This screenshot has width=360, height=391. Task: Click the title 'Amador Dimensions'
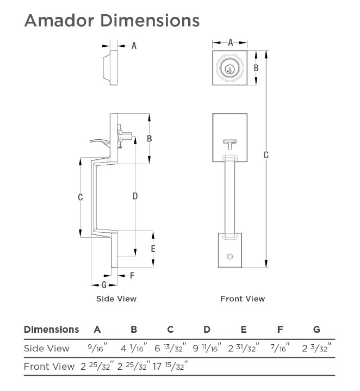click(x=111, y=20)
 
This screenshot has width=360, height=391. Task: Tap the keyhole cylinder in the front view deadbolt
click(x=229, y=69)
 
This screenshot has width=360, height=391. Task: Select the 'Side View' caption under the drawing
click(x=116, y=299)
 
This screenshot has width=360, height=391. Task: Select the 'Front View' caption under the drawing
click(x=243, y=299)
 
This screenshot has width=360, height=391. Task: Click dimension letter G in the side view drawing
click(x=104, y=285)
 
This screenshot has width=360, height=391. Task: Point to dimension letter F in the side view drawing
click(x=132, y=275)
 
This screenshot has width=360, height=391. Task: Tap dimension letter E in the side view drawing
click(x=153, y=249)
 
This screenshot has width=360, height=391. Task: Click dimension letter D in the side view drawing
click(x=135, y=195)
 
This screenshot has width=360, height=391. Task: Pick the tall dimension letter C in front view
click(x=266, y=156)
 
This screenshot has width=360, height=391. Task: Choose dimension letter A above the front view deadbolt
click(x=230, y=42)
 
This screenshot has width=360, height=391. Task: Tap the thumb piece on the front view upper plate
click(x=229, y=144)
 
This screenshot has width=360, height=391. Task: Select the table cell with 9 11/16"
click(x=207, y=348)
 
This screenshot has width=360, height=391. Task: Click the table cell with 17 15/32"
click(x=171, y=366)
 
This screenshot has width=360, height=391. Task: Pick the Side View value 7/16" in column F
click(x=280, y=348)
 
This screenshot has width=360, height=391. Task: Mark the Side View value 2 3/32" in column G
click(x=317, y=348)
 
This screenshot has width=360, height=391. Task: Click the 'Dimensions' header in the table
click(x=51, y=330)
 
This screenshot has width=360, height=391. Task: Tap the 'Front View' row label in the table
click(x=49, y=367)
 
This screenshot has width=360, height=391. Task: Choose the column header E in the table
click(x=244, y=330)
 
